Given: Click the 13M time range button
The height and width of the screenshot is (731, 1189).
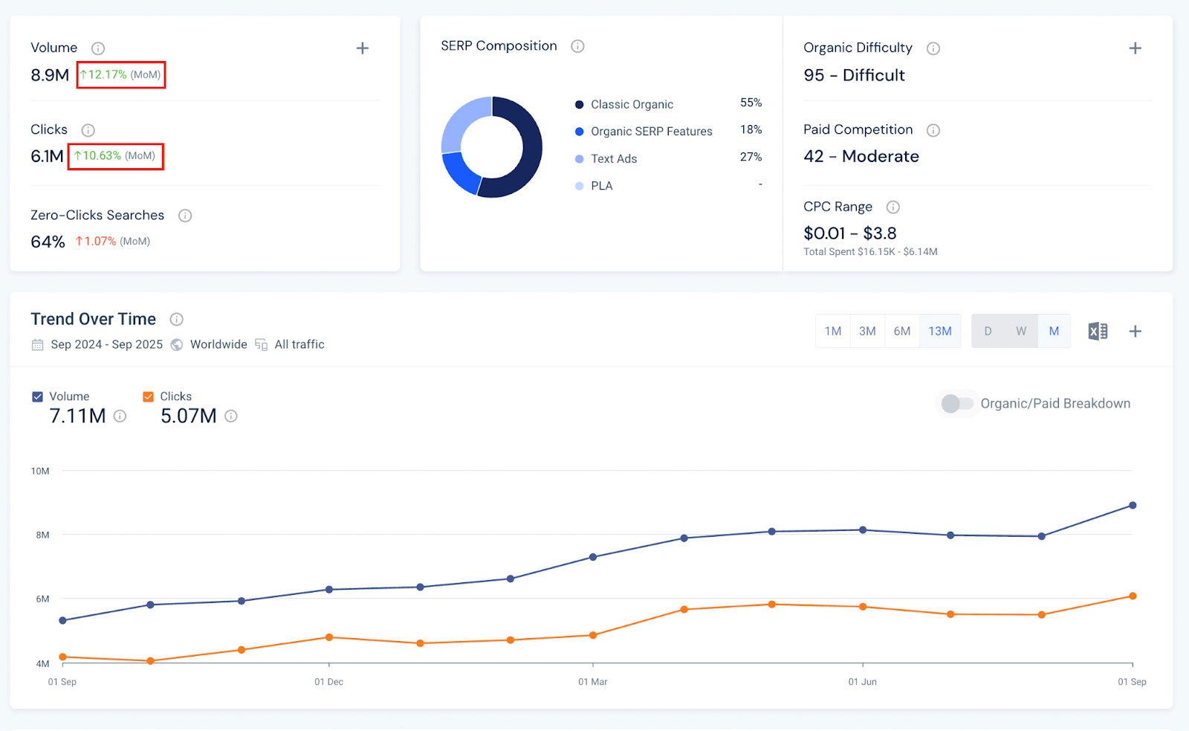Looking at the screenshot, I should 939,331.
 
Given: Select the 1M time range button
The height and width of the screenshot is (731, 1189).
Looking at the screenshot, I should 833,331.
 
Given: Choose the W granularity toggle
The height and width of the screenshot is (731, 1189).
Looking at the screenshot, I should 1021,331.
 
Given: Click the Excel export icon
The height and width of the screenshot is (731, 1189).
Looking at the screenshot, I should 1098,331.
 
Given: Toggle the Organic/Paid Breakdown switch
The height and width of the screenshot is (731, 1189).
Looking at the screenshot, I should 956,403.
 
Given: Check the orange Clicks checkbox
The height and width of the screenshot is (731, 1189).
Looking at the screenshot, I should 148,396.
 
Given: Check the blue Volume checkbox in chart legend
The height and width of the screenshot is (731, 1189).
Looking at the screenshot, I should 37,396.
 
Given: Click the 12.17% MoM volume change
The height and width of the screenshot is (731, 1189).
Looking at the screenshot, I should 120,74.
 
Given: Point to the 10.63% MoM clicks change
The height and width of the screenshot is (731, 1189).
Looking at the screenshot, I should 115,156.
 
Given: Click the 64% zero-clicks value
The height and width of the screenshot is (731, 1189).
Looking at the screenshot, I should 48,242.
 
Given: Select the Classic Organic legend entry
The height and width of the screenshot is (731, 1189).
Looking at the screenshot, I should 632,104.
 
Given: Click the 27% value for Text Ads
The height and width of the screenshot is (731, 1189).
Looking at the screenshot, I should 751,157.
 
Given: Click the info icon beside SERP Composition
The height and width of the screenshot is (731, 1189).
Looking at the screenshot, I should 577,46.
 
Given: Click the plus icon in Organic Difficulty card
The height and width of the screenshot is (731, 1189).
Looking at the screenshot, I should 1135,48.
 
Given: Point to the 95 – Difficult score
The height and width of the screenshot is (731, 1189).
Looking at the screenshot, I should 854,75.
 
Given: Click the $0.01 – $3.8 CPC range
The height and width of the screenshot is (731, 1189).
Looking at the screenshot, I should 849,233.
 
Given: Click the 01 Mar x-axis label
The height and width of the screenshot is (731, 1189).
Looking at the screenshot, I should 592,681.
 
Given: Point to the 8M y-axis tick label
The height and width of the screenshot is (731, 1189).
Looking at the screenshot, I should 42,535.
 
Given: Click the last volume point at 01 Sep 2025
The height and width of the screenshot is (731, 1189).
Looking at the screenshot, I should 1133,505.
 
